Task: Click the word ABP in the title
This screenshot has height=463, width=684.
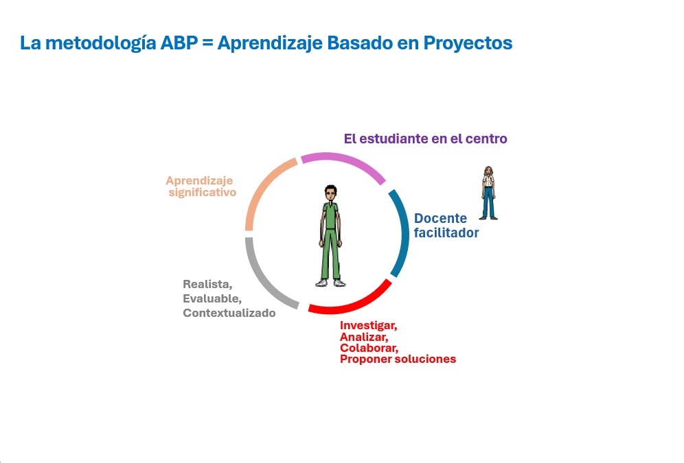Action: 179,43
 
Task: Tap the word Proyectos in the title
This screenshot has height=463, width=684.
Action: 468,43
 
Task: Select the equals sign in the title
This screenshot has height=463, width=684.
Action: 207,43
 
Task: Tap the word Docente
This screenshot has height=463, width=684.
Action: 440,218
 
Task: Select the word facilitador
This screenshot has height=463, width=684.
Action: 446,233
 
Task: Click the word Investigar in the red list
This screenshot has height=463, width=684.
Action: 368,325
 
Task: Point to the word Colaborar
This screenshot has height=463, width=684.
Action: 369,348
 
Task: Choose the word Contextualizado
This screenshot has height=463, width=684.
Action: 229,313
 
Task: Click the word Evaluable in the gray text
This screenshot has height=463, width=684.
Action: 212,298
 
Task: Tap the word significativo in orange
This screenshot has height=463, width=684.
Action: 203,193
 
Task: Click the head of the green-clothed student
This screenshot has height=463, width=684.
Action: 330,193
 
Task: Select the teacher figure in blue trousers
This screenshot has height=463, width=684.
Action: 488,193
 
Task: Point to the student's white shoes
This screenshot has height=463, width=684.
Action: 330,283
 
